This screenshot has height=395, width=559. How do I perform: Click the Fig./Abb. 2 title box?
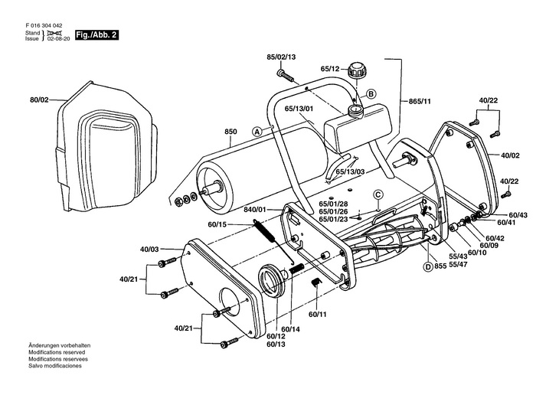tap(96, 35)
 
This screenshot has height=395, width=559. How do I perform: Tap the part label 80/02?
tap(39, 100)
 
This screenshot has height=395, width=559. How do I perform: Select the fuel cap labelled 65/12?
tap(355, 70)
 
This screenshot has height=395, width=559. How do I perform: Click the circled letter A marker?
tap(257, 132)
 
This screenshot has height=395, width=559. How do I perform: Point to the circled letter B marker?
tap(371, 93)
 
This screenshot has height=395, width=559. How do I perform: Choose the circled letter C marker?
tap(378, 194)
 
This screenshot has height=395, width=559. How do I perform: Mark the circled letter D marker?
tap(427, 266)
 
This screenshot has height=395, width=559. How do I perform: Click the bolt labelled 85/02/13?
tap(285, 75)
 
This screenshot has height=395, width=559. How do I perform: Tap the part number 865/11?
tap(420, 101)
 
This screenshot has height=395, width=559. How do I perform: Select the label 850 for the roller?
tap(230, 132)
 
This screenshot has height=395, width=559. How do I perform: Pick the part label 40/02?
tap(510, 155)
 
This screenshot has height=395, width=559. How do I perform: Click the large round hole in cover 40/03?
tap(232, 304)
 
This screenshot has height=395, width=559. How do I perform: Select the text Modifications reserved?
tap(57, 352)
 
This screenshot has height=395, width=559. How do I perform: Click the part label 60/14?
tap(290, 329)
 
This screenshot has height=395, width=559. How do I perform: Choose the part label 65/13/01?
tap(299, 109)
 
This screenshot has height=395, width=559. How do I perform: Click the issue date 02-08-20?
tap(58, 39)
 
